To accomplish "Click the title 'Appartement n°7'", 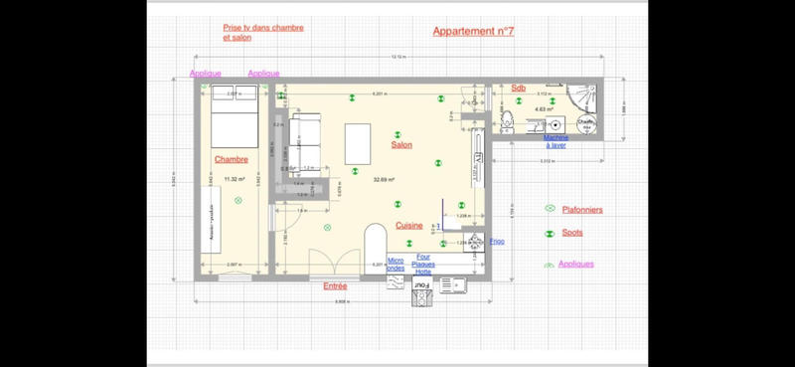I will pos(473,32).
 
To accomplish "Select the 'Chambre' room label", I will pos(231,159).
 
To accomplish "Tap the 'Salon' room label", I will pos(401,145).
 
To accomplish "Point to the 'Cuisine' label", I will pos(409,226).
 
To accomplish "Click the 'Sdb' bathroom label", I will pos(518,89).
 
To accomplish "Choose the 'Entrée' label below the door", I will pos(335,286).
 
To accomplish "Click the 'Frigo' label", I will pos(497,242).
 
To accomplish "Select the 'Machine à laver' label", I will pos(556,141).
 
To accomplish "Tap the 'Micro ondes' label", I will pos(396,264).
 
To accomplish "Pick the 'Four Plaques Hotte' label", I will pos(423,264).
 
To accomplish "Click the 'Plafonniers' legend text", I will pos(582,210).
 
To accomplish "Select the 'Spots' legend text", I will pos(572,234).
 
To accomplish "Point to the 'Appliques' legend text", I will pos(576,264).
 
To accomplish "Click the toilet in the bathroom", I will pos(507,121).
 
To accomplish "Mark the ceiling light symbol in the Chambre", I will pos(238,201).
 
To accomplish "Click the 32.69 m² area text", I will pos(384,180).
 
